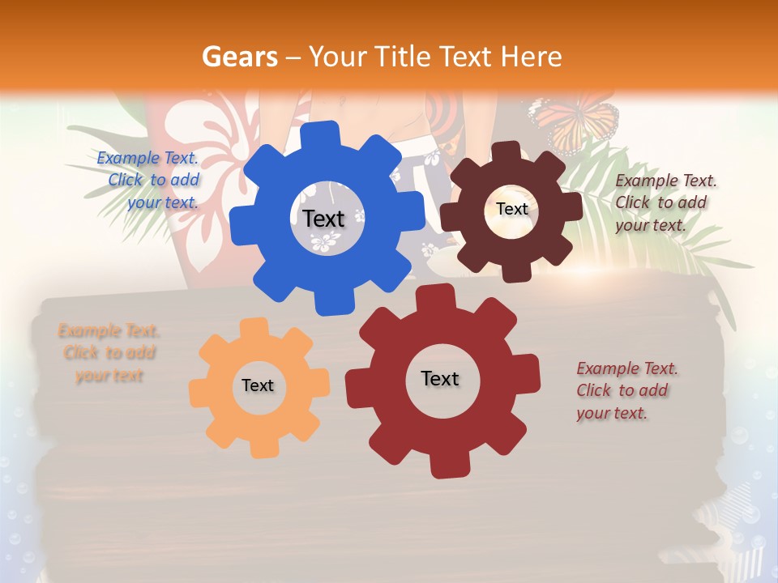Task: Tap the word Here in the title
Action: click(532, 57)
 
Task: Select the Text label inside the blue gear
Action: click(323, 219)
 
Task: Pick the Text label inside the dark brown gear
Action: click(511, 209)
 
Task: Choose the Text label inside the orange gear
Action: click(258, 385)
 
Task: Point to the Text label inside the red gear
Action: click(440, 378)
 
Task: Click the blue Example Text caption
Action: click(151, 180)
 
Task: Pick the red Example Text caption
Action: click(626, 390)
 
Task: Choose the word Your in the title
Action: click(338, 57)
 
